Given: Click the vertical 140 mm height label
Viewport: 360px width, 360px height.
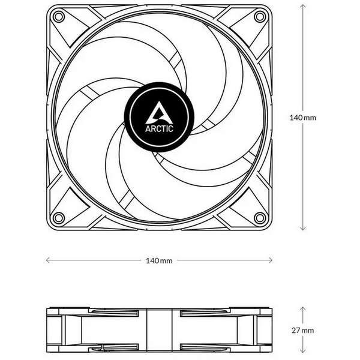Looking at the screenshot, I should (302, 118).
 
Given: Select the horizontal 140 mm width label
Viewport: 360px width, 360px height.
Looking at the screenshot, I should (160, 260).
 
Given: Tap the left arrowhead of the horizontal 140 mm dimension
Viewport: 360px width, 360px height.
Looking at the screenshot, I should (48, 260).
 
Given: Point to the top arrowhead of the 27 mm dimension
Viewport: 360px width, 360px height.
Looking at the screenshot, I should (302, 308).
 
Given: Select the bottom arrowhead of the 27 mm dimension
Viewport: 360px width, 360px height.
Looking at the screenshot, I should (302, 352).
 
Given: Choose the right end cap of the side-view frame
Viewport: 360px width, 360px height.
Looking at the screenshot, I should (267, 330).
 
